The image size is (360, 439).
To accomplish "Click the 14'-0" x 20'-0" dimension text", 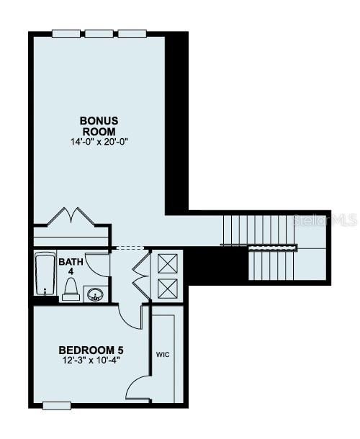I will (99, 142).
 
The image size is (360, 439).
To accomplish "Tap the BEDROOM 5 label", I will (87, 350).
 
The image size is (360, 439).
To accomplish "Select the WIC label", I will (162, 355).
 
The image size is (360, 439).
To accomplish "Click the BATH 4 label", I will (71, 266).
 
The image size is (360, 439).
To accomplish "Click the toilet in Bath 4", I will (71, 289).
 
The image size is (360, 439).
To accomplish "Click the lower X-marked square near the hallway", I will (167, 288).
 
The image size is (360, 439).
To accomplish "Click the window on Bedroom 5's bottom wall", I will (57, 405).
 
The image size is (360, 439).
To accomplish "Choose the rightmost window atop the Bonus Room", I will (131, 32).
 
